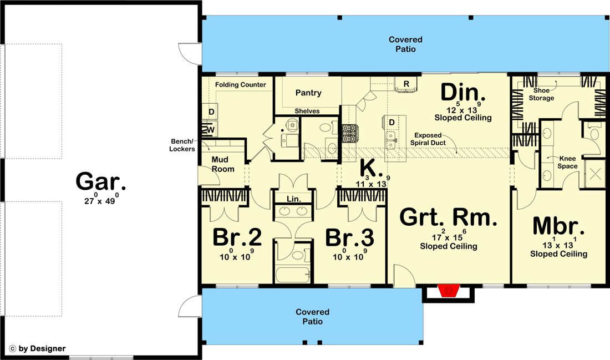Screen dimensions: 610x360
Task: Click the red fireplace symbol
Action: (449, 290)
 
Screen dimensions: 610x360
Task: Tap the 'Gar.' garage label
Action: (101, 181)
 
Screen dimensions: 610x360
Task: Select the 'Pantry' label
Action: (308, 93)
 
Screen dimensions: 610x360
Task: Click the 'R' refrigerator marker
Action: (406, 84)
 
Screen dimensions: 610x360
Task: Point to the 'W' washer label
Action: (211, 130)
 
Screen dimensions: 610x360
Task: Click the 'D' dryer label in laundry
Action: (211, 112)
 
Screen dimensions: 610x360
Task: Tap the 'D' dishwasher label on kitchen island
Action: (392, 122)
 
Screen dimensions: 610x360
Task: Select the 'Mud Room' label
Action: (223, 164)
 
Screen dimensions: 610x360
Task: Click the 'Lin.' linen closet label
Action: (294, 199)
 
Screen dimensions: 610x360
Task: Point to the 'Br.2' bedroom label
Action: (237, 237)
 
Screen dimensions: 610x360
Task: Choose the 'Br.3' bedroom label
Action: (350, 237)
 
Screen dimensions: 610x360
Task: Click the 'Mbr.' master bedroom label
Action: (558, 226)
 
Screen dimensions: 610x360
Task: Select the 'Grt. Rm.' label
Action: (448, 217)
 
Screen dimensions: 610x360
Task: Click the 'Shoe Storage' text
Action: (542, 94)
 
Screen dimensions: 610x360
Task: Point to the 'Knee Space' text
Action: (568, 163)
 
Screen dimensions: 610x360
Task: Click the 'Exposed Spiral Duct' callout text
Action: (428, 139)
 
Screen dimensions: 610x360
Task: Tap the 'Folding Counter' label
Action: (241, 84)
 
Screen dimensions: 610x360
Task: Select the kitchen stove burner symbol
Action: (349, 132)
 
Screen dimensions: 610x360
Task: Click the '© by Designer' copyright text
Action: (37, 349)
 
